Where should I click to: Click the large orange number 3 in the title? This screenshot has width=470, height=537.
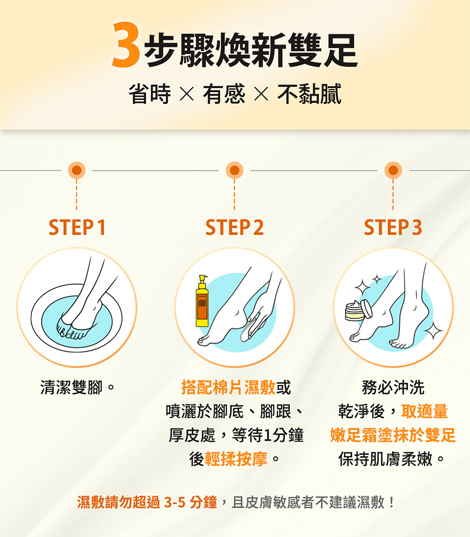click(126, 45)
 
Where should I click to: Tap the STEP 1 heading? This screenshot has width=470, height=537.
click(77, 228)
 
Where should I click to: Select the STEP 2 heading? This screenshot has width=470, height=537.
click(234, 228)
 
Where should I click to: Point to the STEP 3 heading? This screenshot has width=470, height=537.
click(393, 228)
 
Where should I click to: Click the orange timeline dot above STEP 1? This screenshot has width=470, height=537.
click(77, 170)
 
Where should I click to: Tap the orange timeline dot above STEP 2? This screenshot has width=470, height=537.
click(234, 170)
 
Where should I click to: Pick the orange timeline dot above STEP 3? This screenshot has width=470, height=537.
click(393, 170)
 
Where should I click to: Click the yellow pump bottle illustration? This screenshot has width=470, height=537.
click(202, 302)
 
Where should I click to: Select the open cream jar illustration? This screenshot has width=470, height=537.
click(358, 310)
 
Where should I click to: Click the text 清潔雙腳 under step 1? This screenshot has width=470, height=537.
click(71, 387)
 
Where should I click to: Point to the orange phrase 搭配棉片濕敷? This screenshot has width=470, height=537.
click(228, 387)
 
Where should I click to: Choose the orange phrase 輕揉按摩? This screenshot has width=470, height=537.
click(236, 459)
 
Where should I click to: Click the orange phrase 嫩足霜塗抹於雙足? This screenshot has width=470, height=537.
click(393, 435)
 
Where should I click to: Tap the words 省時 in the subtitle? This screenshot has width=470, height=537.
click(150, 93)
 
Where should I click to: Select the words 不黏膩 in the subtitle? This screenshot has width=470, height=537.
click(309, 93)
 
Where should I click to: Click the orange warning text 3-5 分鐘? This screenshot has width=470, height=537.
click(190, 502)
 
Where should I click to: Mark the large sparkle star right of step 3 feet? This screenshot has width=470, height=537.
click(433, 331)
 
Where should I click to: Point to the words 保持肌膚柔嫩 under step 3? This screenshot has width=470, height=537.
click(386, 459)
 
